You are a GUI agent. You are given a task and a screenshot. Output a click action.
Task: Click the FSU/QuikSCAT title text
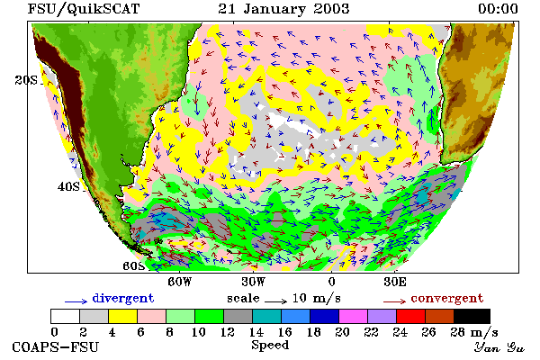click(84, 9)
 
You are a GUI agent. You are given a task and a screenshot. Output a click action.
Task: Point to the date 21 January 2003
click(283, 9)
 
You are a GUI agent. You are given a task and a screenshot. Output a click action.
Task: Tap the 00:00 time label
click(498, 9)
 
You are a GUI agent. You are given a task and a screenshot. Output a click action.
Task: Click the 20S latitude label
click(26, 80)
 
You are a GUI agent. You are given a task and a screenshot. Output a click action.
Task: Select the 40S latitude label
click(68, 186)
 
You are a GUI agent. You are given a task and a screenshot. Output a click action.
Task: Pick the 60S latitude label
click(134, 266)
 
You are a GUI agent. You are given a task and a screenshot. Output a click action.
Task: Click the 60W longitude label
click(179, 282)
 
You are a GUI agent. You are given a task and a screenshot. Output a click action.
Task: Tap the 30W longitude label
click(254, 282)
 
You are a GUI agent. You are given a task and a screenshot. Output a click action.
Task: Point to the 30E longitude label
click(395, 282)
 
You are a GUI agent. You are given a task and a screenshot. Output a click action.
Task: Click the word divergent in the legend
click(123, 298)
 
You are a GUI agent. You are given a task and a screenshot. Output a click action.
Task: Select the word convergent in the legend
click(447, 298)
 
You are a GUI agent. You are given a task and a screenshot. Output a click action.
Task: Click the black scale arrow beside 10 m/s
click(276, 301)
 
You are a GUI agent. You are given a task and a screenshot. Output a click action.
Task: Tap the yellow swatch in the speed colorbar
click(122, 316)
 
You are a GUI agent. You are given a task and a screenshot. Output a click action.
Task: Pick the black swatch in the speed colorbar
click(472, 316)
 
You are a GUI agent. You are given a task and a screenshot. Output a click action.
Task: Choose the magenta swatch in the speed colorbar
click(354, 316)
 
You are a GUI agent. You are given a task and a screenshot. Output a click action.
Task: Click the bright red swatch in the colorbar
click(411, 316)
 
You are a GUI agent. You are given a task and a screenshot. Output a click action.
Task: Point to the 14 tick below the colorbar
click(256, 332)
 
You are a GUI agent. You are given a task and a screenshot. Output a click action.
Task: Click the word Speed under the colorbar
click(270, 346)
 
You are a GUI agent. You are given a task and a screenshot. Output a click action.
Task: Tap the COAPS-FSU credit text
click(56, 346)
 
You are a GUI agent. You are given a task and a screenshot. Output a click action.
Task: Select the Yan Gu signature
click(499, 347)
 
